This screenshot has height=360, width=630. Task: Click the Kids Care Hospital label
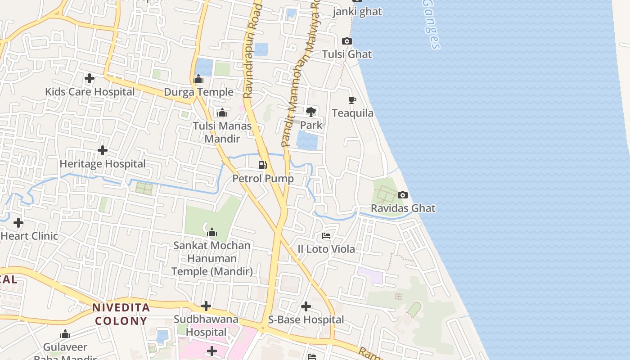coord(90,92)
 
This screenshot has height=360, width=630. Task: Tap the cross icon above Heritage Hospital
coord(103,150)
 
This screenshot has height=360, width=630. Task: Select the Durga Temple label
coord(198,92)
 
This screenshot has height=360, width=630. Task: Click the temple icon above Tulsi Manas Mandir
coord(222,112)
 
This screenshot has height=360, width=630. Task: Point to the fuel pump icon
coord(263,165)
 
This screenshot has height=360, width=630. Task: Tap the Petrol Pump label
coord(263,179)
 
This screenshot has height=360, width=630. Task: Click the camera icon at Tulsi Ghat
coord(346,41)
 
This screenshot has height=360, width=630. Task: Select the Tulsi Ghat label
coord(346,54)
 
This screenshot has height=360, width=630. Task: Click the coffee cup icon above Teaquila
coord(352,100)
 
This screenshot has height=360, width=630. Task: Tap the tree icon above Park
coord(310,112)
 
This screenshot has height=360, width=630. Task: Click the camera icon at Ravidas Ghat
coord(403,195)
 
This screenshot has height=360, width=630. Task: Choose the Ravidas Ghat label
coord(403,208)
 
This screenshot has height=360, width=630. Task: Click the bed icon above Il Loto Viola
coord(326,236)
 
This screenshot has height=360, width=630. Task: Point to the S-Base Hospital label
coord(306,320)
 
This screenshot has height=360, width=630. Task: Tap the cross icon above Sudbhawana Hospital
coord(206,306)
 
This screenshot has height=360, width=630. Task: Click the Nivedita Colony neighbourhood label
coord(121,314)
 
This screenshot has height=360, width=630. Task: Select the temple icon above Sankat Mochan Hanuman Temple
coord(211,233)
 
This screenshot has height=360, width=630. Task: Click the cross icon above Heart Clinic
coord(18,223)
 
